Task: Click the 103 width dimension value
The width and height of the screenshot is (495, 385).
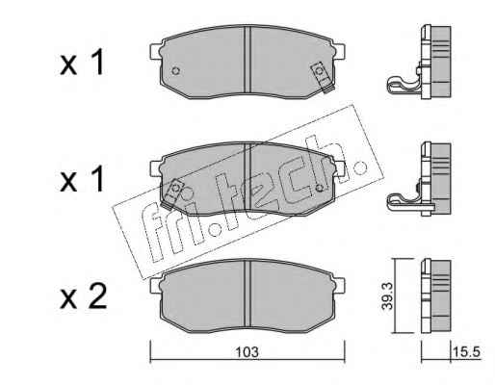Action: [x=247, y=352]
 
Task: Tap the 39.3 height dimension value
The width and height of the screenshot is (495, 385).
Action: [x=387, y=295]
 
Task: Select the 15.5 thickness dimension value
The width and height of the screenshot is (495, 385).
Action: [x=466, y=352]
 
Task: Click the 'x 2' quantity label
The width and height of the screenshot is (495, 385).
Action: [x=84, y=297]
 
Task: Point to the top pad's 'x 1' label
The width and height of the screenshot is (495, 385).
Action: [x=83, y=63]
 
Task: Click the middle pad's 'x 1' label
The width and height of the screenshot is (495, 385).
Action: [x=83, y=179]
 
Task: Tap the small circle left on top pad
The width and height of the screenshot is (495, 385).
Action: [x=175, y=70]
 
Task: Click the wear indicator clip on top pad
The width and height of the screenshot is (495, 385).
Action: [x=323, y=77]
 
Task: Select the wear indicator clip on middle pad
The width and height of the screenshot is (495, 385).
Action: [x=172, y=193]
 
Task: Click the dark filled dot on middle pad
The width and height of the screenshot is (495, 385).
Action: [x=319, y=188]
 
